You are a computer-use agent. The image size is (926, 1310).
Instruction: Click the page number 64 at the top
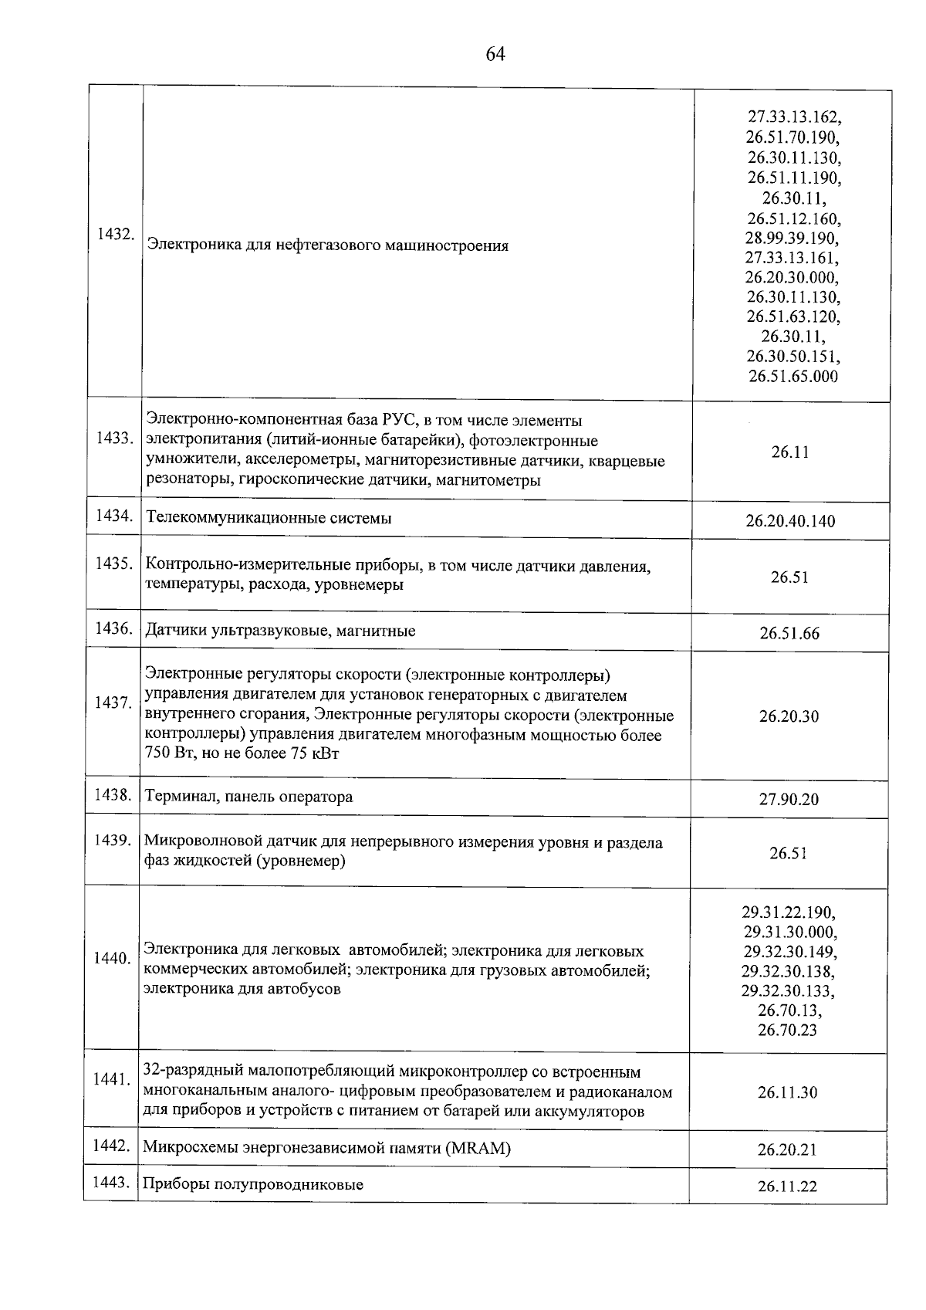click(495, 54)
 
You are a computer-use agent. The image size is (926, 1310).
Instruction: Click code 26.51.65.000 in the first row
click(793, 377)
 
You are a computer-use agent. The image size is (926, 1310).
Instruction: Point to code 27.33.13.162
click(794, 117)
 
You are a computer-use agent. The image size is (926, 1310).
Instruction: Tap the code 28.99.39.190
click(793, 237)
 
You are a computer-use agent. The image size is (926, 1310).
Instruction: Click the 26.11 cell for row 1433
click(789, 452)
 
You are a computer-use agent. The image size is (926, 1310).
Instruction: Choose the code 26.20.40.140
click(790, 521)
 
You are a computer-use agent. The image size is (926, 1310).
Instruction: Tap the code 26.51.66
click(789, 634)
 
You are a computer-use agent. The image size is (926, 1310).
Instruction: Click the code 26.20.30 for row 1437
click(789, 716)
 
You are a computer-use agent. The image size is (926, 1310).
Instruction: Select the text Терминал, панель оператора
click(248, 797)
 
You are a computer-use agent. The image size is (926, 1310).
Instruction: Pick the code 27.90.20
click(789, 799)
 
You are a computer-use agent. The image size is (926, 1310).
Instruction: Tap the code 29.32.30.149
click(790, 951)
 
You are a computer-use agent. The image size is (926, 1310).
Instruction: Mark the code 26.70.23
click(787, 1030)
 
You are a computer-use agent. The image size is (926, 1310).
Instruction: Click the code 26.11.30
click(787, 1092)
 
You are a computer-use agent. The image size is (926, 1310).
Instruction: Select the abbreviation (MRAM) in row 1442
click(478, 1148)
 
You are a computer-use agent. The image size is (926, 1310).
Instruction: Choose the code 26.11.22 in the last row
click(787, 1186)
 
